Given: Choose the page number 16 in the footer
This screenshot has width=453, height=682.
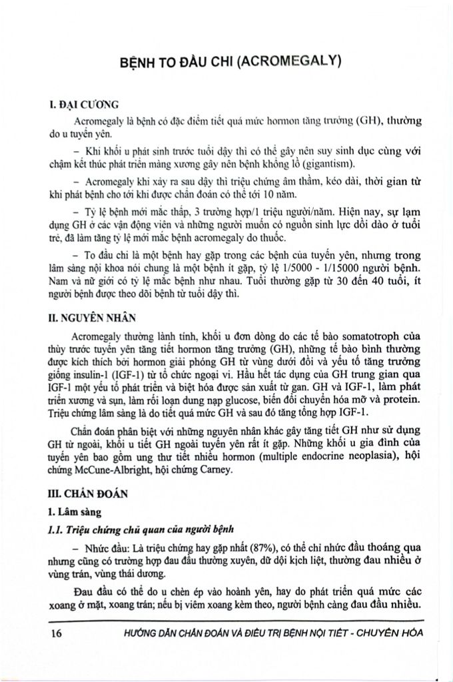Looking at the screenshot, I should tap(56, 633).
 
